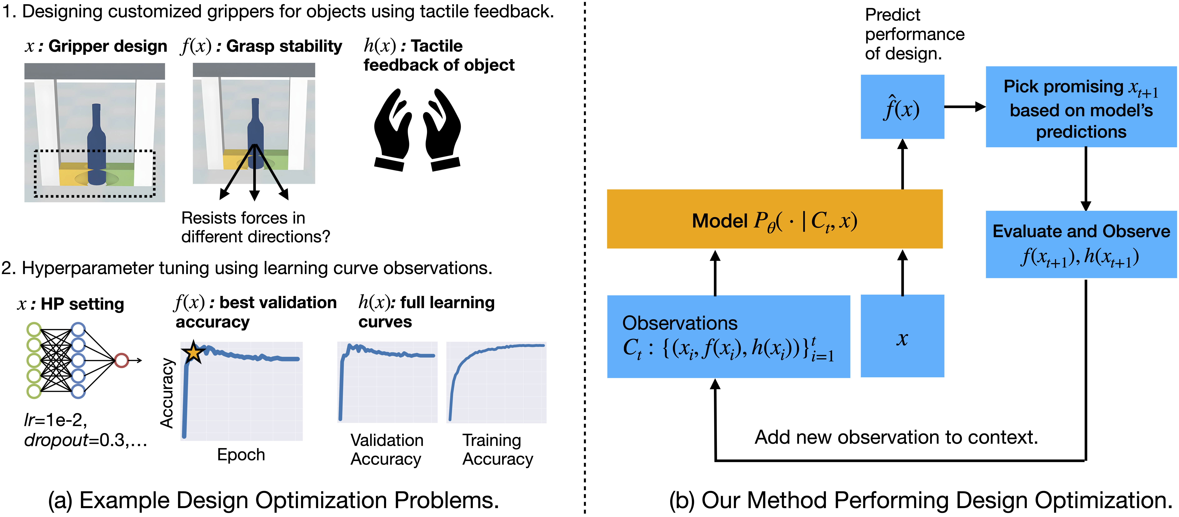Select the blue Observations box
[728, 337]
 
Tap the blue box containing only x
[902, 337]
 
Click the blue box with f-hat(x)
[902, 107]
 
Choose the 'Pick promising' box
[1081, 107]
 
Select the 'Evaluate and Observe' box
[1081, 245]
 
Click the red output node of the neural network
[121, 360]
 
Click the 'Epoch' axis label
[241, 455]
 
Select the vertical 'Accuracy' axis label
[167, 393]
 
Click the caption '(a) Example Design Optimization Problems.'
[273, 500]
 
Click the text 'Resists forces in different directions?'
[255, 227]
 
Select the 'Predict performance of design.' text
[914, 34]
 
